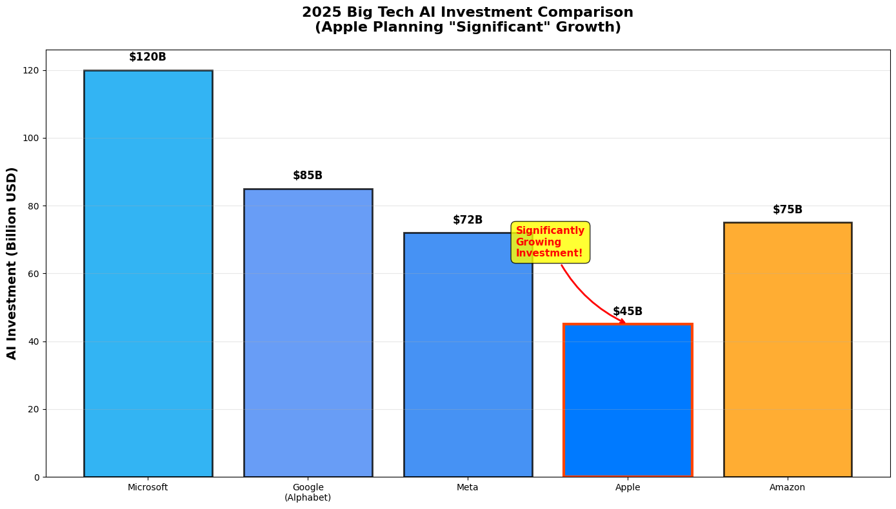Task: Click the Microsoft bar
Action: (x=148, y=274)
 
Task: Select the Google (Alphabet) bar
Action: (x=308, y=332)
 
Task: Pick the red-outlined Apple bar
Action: (x=628, y=400)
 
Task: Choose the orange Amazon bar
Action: (x=788, y=349)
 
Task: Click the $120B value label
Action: (x=148, y=57)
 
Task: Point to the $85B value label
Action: (x=308, y=176)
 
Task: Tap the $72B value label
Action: (x=468, y=220)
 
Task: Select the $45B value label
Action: (x=628, y=312)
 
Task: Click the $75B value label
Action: (x=788, y=210)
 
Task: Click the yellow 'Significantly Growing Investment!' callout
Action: (x=550, y=242)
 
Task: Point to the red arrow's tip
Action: (x=624, y=323)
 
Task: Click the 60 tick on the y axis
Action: (x=35, y=274)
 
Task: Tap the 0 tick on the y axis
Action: (x=37, y=477)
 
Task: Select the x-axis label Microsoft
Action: (x=148, y=488)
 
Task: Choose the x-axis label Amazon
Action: (x=788, y=488)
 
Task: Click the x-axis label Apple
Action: (x=628, y=488)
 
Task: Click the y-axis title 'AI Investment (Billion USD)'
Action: (x=12, y=263)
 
